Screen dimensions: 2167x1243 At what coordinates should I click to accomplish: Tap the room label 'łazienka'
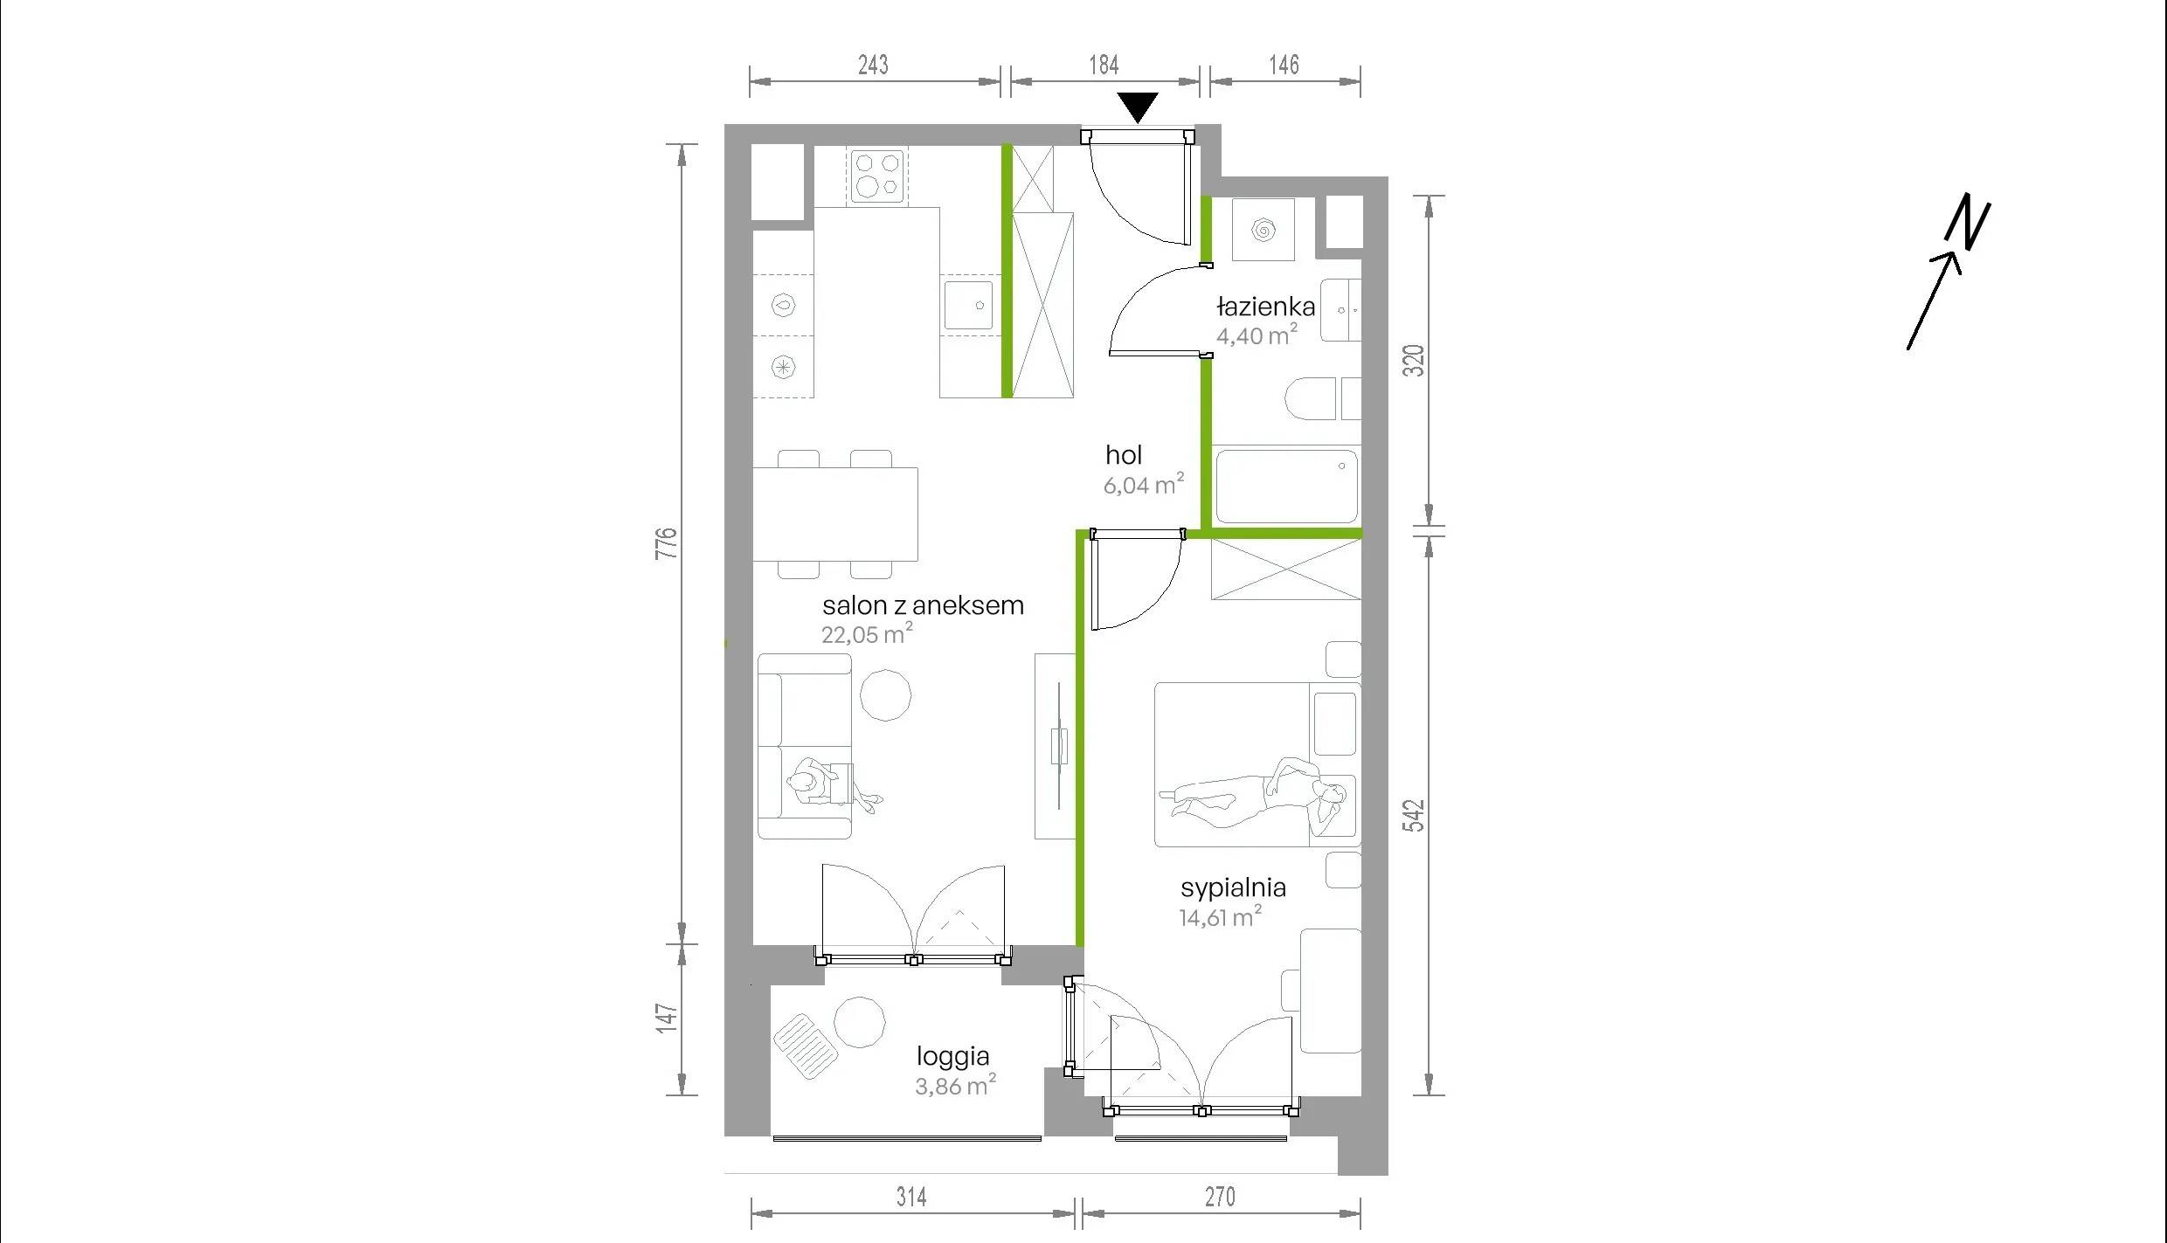[x=1265, y=307]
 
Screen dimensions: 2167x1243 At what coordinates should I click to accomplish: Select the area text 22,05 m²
[x=867, y=633]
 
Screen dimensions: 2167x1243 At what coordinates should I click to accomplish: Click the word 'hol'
[x=1123, y=455]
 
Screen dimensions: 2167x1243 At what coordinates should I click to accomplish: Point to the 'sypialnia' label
[x=1233, y=888]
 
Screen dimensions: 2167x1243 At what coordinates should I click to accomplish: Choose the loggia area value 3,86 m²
[x=955, y=1086]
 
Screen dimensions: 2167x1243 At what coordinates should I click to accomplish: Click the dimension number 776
[x=667, y=543]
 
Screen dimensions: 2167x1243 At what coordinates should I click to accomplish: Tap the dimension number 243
[x=873, y=65]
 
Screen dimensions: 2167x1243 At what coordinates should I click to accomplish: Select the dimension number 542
[x=1413, y=815]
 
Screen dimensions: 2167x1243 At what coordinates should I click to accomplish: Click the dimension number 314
[x=911, y=1197]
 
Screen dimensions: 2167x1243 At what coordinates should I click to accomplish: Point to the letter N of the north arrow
[x=1968, y=222]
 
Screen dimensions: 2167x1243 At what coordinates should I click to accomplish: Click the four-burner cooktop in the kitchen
[x=876, y=176]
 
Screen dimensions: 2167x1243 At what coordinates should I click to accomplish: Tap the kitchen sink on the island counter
[x=969, y=304]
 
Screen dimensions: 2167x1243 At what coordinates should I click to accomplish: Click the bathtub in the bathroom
[x=1286, y=486]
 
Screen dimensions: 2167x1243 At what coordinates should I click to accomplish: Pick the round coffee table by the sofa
[x=885, y=695]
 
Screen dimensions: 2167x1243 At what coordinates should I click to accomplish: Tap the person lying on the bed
[x=1253, y=791]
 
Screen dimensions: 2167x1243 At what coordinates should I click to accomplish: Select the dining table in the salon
[x=835, y=514]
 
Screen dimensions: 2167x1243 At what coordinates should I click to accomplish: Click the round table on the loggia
[x=860, y=1021]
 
